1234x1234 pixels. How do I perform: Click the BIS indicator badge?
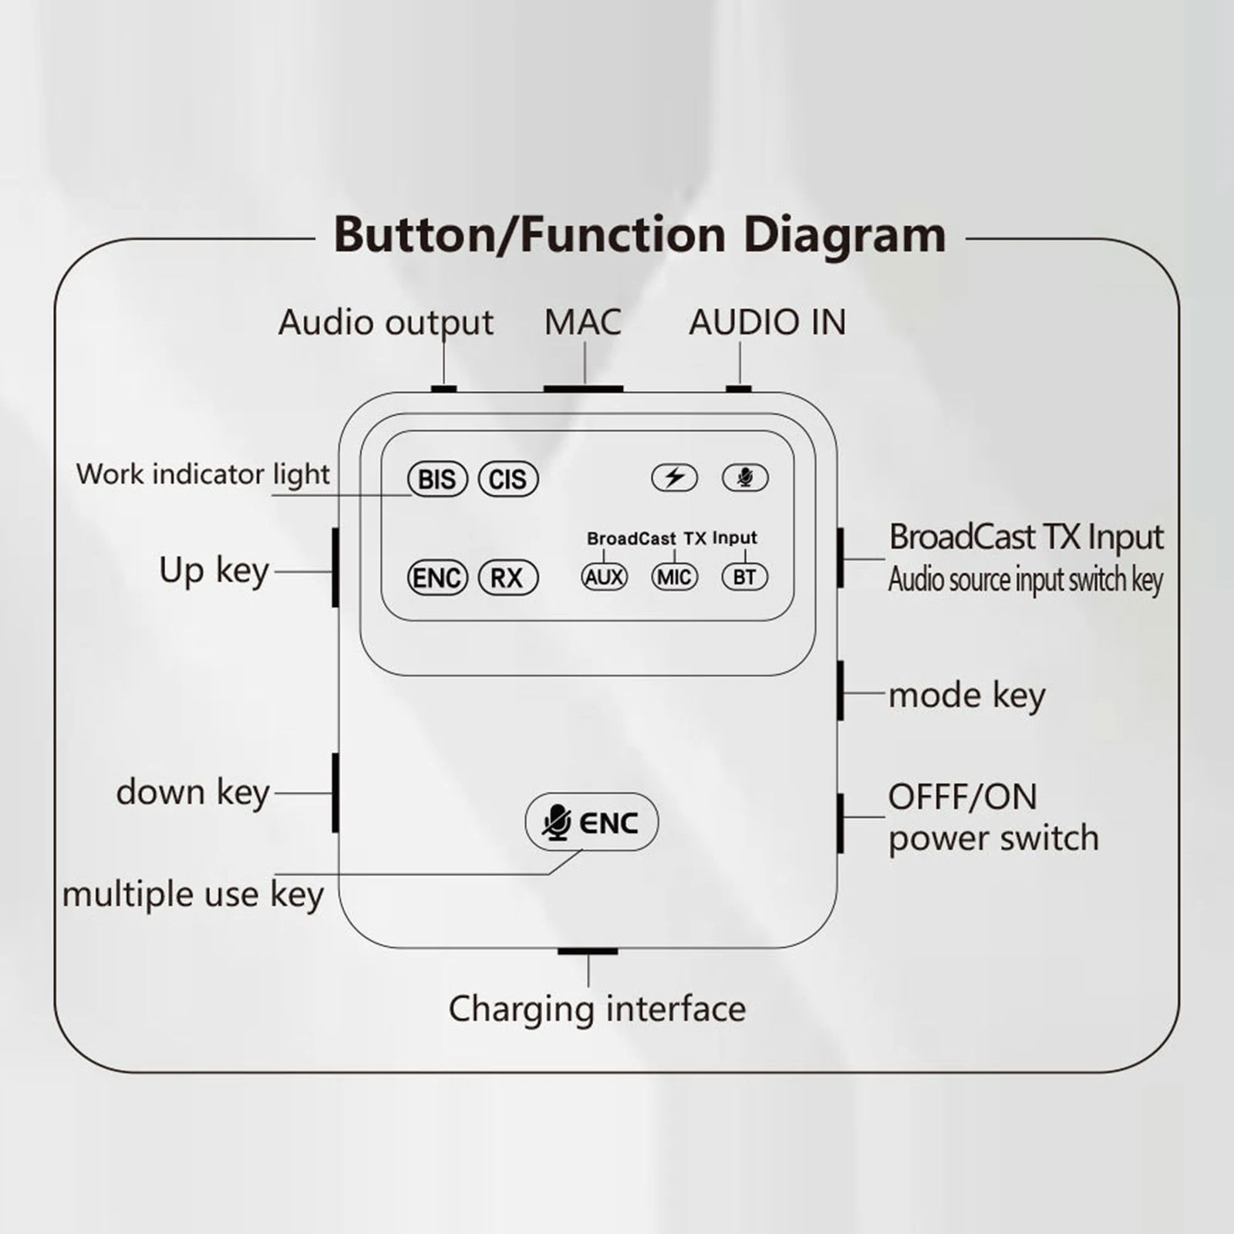437,479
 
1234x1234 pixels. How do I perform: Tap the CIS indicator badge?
507,479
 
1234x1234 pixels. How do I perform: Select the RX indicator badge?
507,578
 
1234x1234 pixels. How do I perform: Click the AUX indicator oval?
604,577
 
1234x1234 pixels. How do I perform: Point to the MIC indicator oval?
675,577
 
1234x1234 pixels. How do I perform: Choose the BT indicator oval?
744,577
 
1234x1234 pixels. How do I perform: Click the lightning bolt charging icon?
675,477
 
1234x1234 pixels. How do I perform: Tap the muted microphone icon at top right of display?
744,477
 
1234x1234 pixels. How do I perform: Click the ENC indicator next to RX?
437,578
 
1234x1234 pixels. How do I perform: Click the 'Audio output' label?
386,322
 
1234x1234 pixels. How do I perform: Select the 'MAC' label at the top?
582,322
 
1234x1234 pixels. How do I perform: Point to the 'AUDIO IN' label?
767,322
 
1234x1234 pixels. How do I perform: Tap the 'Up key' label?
214,571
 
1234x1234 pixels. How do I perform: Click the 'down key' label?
193,792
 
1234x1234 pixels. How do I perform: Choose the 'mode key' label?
966,696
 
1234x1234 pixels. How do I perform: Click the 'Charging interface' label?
597,1009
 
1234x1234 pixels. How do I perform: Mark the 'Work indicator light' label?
203,474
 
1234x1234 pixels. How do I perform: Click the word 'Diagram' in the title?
845,234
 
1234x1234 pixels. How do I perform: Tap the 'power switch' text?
993,838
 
